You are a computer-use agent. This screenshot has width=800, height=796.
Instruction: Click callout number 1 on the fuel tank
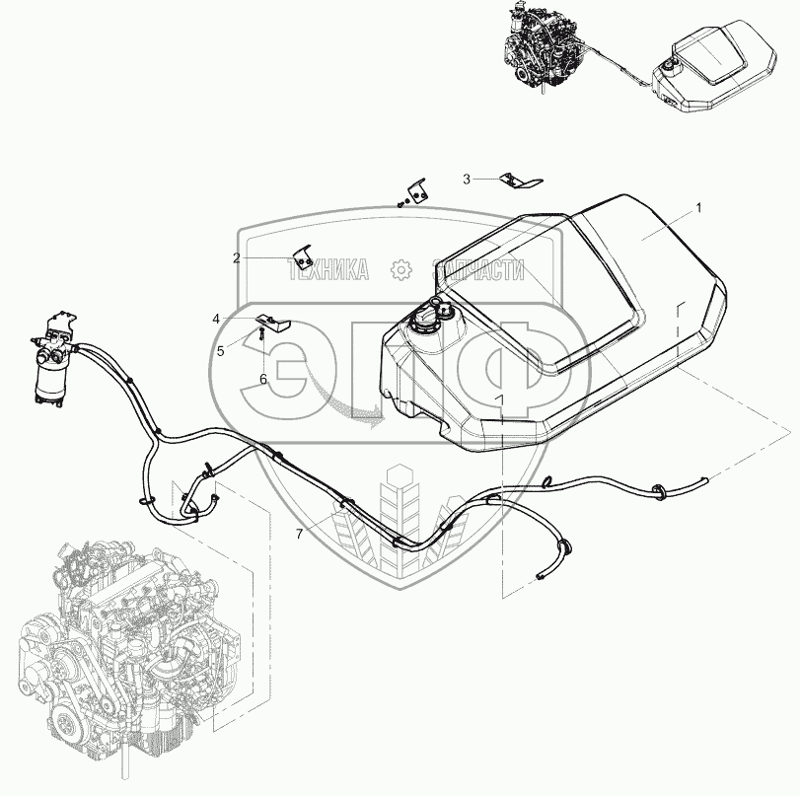[698, 208]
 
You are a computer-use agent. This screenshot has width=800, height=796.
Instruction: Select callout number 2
[237, 258]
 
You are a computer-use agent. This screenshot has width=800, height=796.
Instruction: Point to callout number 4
[216, 319]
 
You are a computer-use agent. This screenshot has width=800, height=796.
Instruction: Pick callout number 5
[221, 349]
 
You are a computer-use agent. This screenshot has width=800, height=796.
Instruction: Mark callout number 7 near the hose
[299, 534]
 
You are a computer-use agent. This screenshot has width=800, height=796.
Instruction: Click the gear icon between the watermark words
[400, 269]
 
